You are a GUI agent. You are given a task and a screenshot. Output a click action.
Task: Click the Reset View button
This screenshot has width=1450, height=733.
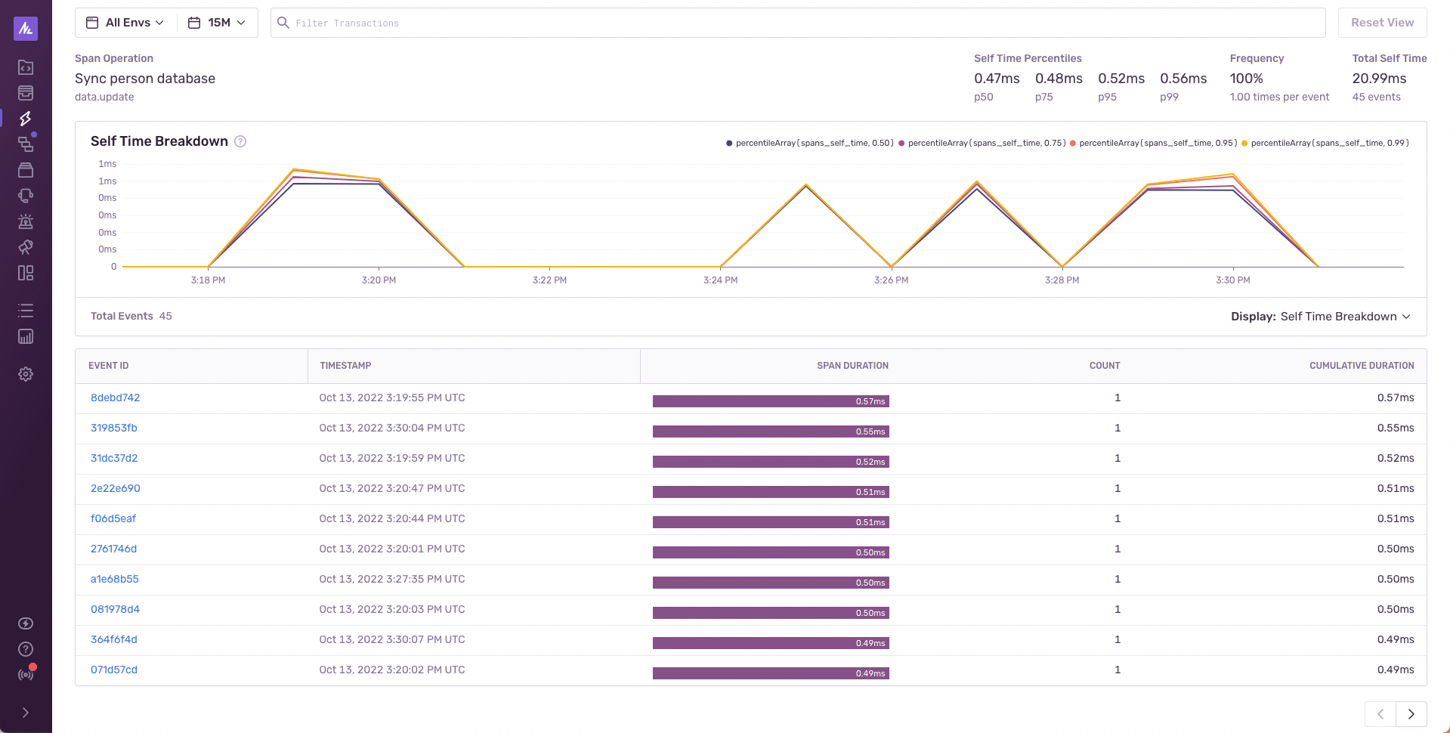(x=1381, y=23)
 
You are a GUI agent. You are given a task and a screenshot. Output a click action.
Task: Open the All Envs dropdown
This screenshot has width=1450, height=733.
(x=126, y=23)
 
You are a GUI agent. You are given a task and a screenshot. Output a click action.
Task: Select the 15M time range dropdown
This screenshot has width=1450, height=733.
(x=218, y=23)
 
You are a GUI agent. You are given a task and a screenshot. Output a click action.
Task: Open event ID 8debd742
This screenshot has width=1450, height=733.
(x=115, y=398)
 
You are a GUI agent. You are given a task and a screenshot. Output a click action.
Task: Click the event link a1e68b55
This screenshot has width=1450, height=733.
(x=114, y=580)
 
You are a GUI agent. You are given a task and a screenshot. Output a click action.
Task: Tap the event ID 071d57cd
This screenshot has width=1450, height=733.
(x=113, y=670)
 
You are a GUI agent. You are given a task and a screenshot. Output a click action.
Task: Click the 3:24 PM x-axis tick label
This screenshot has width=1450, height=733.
(x=720, y=280)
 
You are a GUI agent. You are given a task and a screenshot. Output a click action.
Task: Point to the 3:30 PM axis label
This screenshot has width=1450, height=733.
(x=1232, y=280)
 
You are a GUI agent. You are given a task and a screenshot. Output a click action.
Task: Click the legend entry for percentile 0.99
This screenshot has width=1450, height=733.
(x=1328, y=143)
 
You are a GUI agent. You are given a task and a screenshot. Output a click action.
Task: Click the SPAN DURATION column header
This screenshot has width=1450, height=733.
(x=852, y=366)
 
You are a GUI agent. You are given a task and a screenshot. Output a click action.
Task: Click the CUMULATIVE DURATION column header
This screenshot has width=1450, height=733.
(x=1361, y=366)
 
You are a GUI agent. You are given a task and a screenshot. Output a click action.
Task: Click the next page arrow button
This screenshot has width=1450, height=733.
(x=1411, y=714)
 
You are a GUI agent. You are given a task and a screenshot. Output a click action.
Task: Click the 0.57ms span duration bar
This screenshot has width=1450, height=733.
(x=770, y=401)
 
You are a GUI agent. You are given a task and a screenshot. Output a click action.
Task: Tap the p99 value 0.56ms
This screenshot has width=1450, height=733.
(x=1183, y=79)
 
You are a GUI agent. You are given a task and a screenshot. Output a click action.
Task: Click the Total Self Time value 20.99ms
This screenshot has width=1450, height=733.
(x=1379, y=79)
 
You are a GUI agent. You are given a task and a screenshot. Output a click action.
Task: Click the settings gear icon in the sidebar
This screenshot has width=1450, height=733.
(x=26, y=374)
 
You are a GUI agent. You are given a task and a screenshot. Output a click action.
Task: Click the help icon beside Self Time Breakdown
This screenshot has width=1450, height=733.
(x=240, y=141)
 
